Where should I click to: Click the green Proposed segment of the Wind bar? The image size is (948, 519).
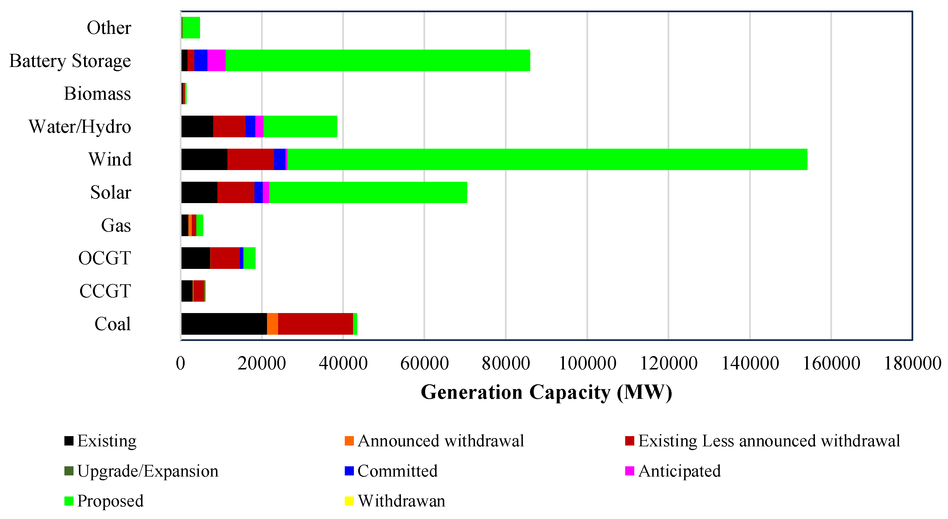pos(547,159)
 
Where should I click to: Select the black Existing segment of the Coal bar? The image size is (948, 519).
pos(224,324)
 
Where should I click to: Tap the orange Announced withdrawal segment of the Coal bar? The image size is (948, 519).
pos(273,324)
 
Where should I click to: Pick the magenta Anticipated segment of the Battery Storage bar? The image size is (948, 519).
pos(216,60)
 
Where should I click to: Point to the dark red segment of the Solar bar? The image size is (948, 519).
pos(236,192)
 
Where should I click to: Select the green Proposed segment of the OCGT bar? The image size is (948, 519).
pos(250,258)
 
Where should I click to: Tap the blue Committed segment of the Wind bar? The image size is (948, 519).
pos(280,159)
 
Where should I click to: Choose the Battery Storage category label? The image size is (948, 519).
pos(70,61)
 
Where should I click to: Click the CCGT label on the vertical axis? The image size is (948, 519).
pos(105,291)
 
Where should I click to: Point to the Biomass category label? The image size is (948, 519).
pos(97,93)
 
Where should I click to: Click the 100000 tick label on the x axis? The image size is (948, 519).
pos(587,363)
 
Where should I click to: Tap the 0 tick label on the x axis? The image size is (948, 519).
pos(181,363)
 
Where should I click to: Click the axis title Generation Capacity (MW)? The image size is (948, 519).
pos(547,392)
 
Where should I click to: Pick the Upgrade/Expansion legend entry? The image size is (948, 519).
pos(141,471)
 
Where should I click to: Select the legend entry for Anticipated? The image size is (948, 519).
pos(673,471)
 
